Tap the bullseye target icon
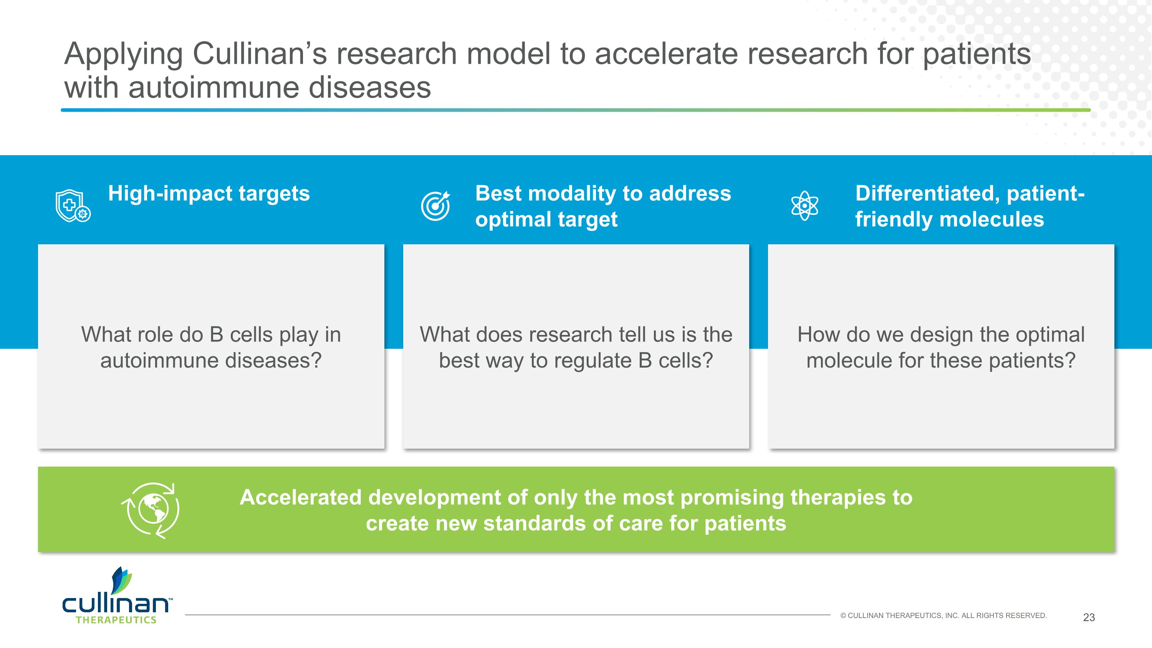coord(435,206)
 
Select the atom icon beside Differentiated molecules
coord(804,206)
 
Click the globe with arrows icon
coord(151,510)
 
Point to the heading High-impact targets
coord(209,194)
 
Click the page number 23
coord(1089,618)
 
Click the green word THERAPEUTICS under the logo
coord(116,620)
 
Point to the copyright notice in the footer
coord(943,616)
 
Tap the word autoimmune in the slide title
coord(214,87)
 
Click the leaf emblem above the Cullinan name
coord(121,580)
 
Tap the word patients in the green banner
coord(745,524)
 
